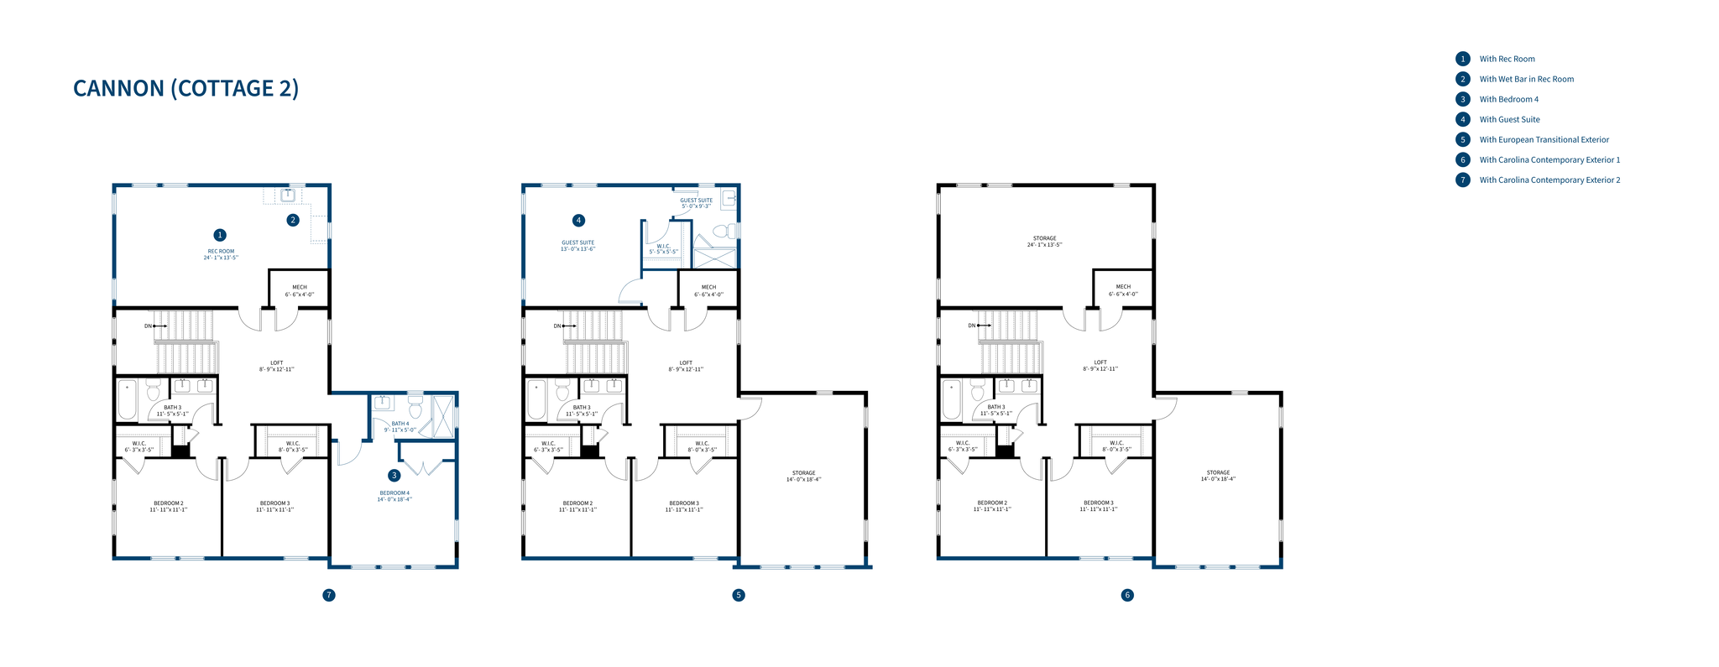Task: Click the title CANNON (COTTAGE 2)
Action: [185, 88]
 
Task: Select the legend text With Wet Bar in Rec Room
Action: [1526, 80]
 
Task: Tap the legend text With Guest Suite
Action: [1509, 120]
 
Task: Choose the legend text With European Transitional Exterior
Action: [1544, 140]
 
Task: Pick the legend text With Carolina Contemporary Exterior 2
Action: [1549, 180]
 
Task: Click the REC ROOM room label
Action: [221, 254]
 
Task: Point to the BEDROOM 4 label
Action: [394, 496]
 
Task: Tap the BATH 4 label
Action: [400, 426]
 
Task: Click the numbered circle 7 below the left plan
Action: [329, 595]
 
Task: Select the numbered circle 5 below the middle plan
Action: [739, 595]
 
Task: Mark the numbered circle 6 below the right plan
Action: [1127, 595]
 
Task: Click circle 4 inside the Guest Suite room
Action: [578, 221]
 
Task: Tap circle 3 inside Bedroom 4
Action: [394, 475]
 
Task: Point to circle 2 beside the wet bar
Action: [293, 221]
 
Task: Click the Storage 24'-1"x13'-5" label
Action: [1044, 242]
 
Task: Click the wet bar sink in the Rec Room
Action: [288, 195]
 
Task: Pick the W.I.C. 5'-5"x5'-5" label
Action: [663, 249]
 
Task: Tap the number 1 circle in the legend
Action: [1463, 59]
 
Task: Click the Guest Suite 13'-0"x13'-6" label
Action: [577, 246]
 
